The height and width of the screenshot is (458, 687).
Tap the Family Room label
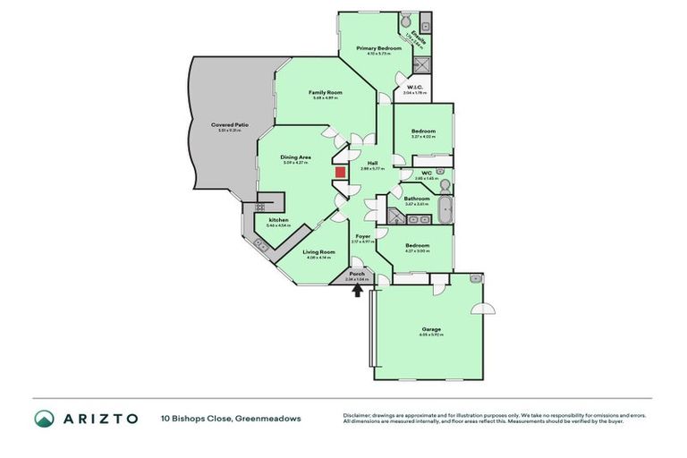tap(327, 92)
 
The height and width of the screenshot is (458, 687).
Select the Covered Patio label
tap(230, 125)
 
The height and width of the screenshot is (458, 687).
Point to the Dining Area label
tap(296, 157)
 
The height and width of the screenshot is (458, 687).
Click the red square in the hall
tap(340, 173)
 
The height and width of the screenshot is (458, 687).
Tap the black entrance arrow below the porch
tap(359, 290)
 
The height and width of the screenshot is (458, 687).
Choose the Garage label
tap(431, 329)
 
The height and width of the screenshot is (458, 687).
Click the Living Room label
tap(318, 252)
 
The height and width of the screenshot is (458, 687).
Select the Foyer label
tap(363, 236)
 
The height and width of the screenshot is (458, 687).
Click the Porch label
tap(356, 273)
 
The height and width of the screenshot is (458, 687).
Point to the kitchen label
tap(278, 219)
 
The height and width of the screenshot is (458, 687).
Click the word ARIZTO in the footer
tap(99, 418)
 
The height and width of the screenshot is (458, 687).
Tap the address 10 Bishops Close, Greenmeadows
tap(231, 418)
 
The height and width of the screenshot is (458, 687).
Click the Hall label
tap(372, 163)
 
